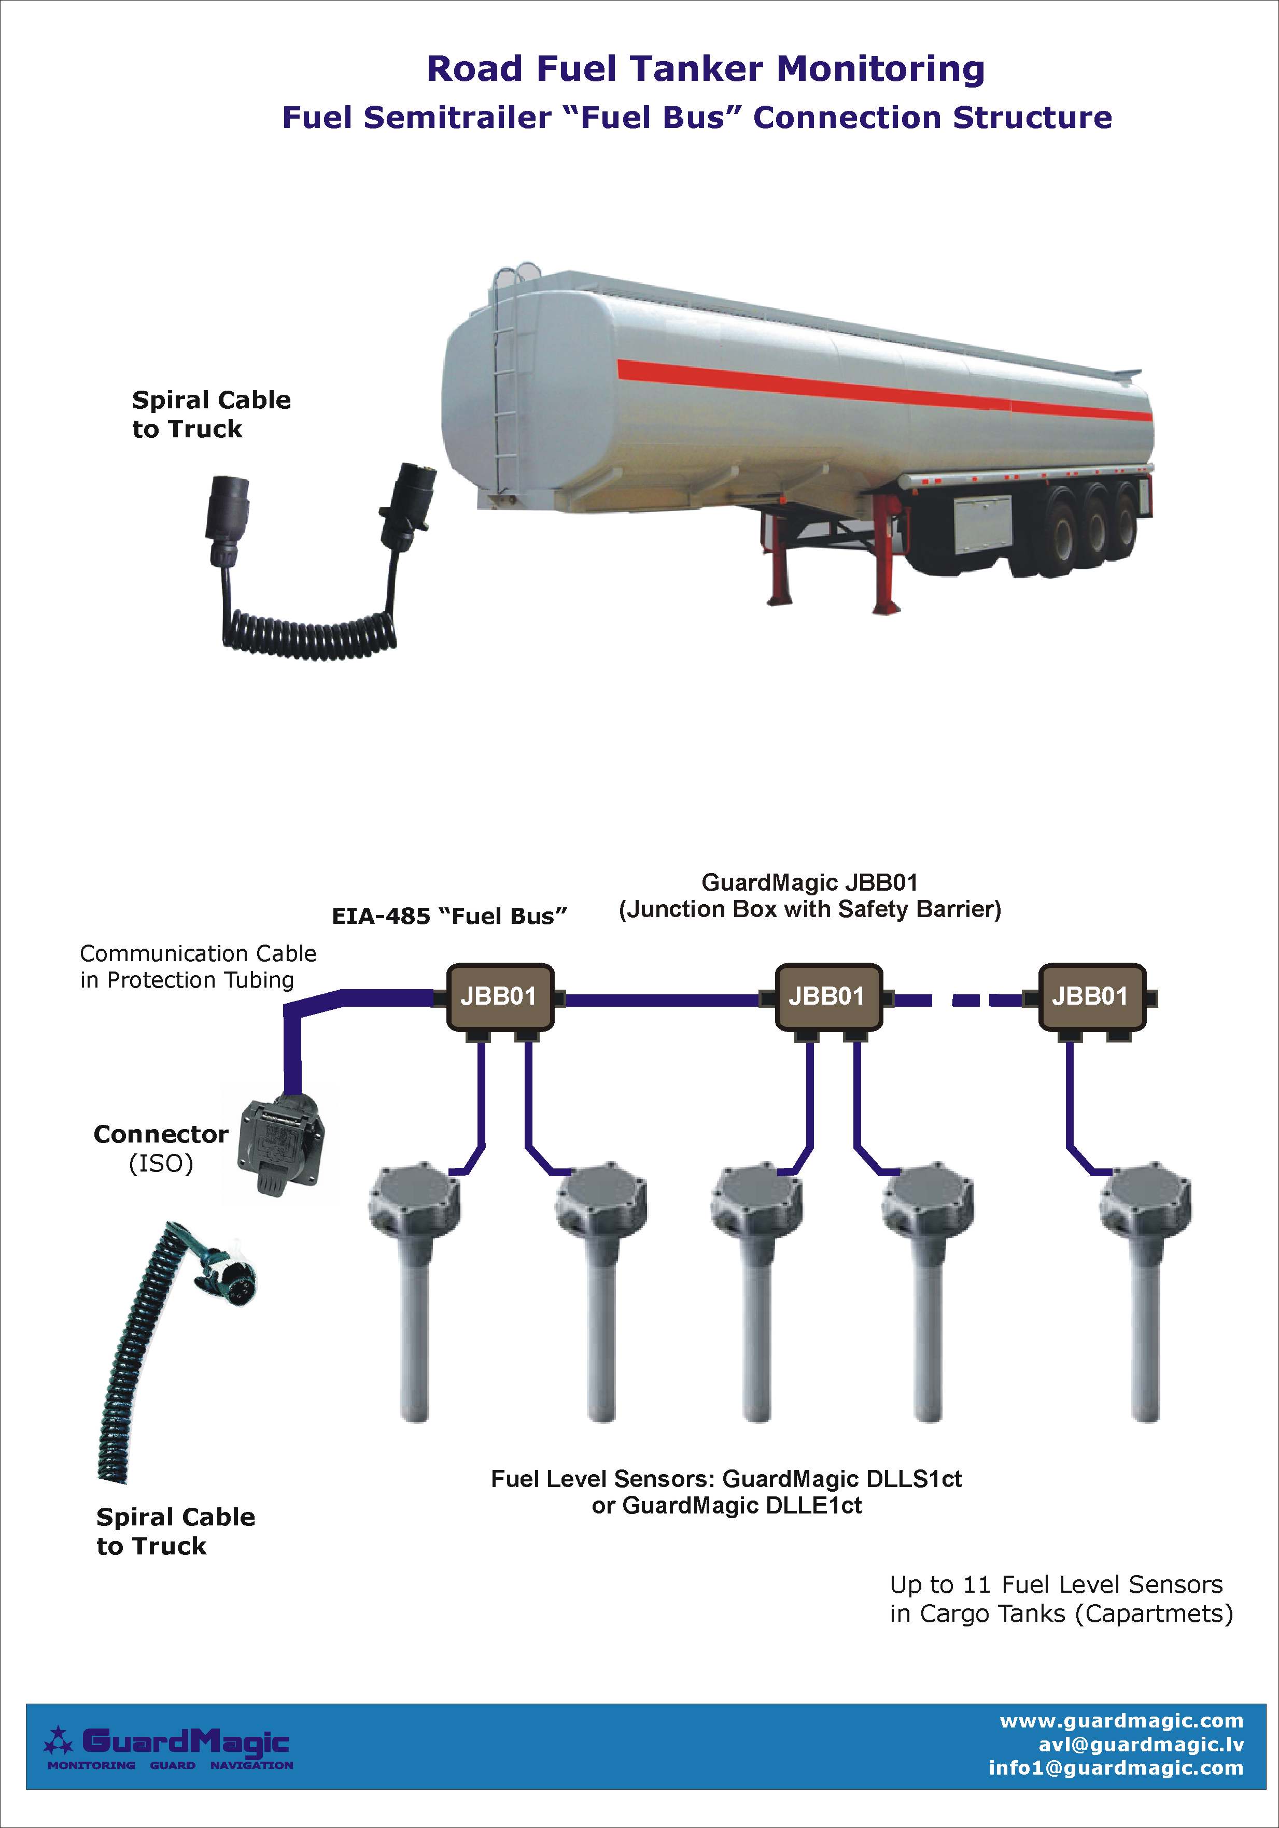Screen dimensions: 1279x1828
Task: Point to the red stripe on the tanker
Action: [x=884, y=390]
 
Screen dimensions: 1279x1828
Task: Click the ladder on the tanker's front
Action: [x=503, y=374]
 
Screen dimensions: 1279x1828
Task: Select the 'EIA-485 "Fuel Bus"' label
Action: [x=449, y=917]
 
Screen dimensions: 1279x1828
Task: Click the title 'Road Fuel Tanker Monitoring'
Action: [x=706, y=68]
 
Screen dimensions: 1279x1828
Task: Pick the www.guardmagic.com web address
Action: [x=1121, y=1721]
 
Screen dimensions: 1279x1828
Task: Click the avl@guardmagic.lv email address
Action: [x=1141, y=1745]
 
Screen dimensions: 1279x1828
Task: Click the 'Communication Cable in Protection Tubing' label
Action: [x=198, y=966]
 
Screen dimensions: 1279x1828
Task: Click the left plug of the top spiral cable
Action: [x=226, y=518]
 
